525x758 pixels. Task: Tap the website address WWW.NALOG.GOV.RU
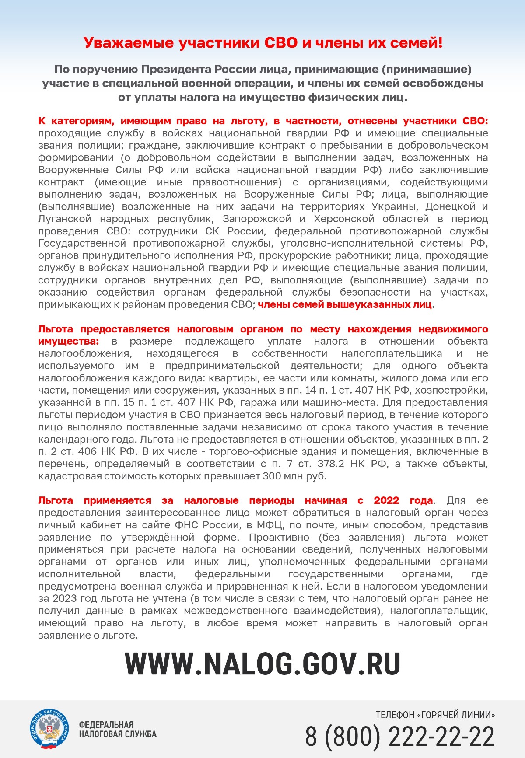[262, 664]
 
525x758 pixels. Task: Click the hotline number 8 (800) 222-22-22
[400, 736]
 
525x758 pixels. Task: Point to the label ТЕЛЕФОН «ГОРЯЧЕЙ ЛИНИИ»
[435, 715]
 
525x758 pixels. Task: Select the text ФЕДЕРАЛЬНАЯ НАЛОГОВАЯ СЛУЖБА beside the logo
[117, 729]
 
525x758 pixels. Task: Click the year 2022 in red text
[386, 500]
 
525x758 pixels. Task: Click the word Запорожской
[257, 219]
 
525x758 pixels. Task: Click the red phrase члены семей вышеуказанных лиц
[345, 304]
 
